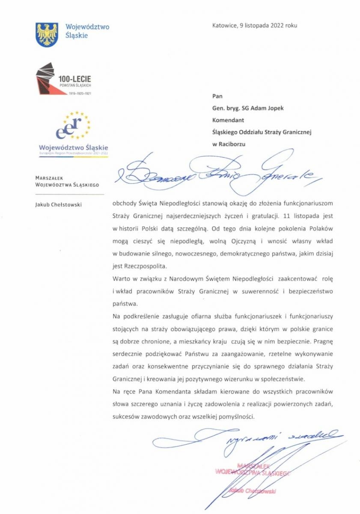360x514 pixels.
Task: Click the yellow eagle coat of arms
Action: click(x=47, y=34)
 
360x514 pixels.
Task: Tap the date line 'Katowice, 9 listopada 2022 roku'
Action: click(x=254, y=25)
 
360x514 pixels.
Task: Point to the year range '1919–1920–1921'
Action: click(x=80, y=93)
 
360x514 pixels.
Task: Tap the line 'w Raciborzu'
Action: click(x=229, y=144)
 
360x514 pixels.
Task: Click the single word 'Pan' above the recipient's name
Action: click(x=217, y=96)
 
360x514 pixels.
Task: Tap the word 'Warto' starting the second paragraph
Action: click(x=121, y=279)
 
